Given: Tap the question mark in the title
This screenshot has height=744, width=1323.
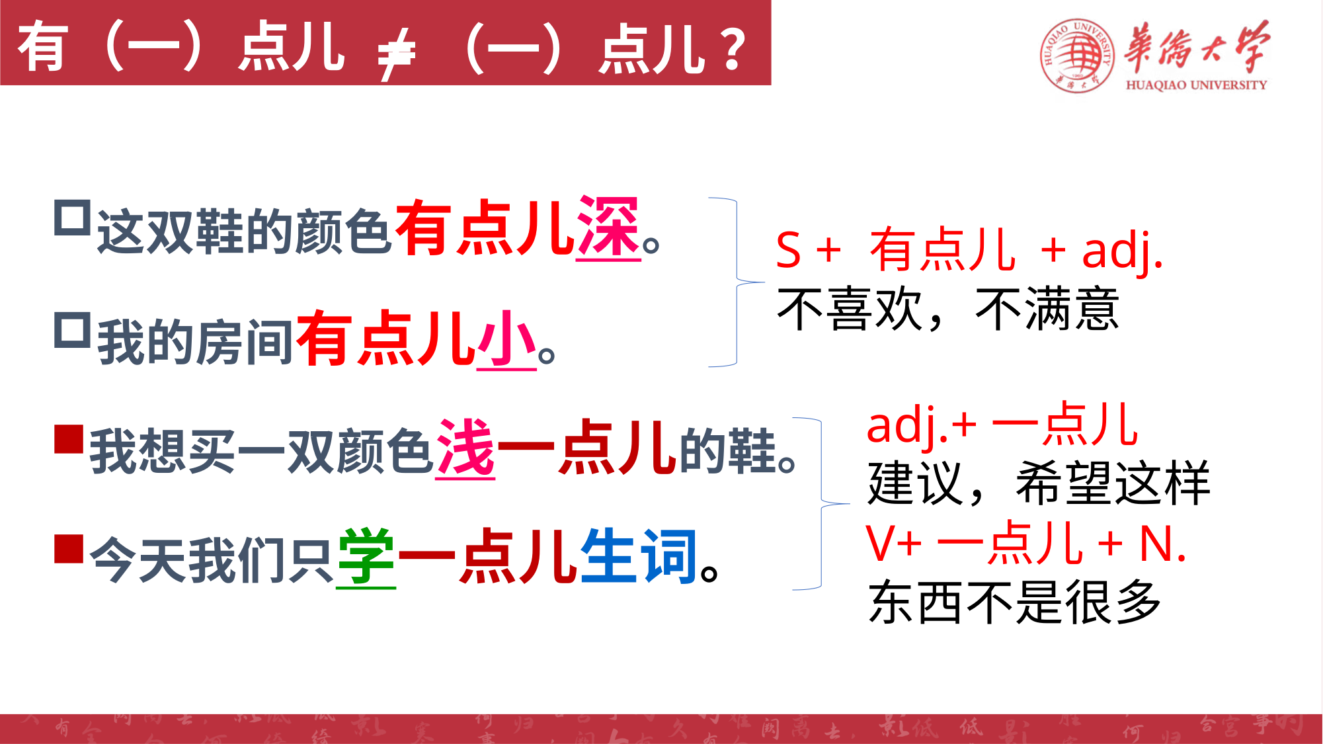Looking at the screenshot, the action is [x=734, y=49].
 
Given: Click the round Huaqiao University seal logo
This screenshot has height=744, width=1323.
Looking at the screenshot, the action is [x=1077, y=56].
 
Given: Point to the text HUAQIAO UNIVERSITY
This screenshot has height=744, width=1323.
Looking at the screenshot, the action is [x=1196, y=85].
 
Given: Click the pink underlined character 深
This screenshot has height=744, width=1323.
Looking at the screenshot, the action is [x=608, y=228].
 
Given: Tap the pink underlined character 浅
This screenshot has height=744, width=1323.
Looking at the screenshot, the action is [x=465, y=448].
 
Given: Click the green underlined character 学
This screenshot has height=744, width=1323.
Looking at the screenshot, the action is [x=366, y=558].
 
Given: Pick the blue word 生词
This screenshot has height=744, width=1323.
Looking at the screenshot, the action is [x=639, y=556].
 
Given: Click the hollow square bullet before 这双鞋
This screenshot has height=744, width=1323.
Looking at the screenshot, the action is [x=72, y=218].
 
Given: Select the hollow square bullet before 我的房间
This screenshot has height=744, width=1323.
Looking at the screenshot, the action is [x=72, y=330].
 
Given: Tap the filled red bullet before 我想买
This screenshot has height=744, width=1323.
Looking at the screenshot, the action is [x=69, y=439].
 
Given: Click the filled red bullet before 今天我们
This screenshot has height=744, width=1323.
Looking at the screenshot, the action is [x=69, y=549].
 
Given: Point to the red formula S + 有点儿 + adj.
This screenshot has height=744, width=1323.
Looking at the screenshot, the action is [x=969, y=251].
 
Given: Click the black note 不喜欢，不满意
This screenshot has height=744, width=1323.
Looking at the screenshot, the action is [x=948, y=310].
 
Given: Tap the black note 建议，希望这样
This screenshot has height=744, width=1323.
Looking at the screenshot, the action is [x=1039, y=483].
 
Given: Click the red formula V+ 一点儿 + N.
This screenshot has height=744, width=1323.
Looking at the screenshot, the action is [x=1026, y=544].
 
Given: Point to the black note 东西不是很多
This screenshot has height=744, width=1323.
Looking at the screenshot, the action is [x=1015, y=602].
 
